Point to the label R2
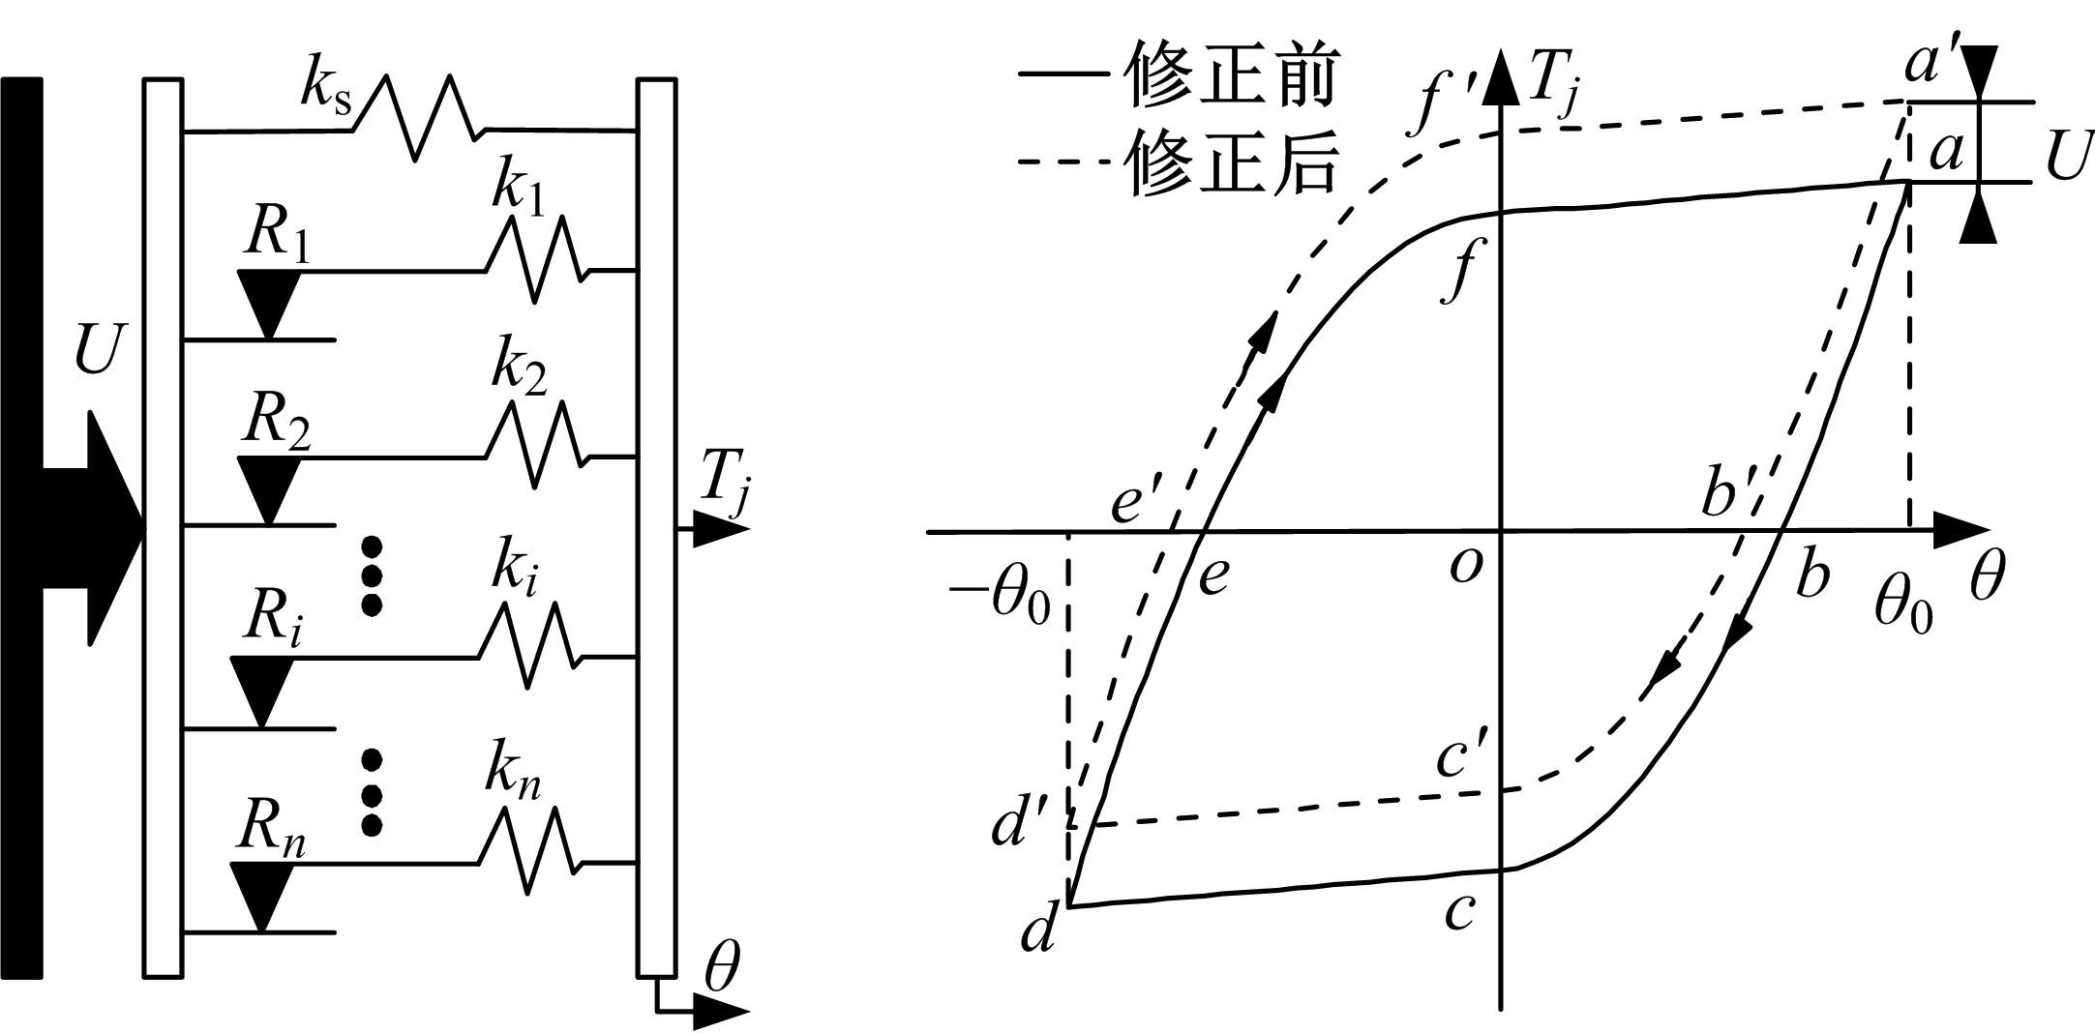(x=277, y=422)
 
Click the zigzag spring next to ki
(x=528, y=646)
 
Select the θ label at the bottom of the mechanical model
(x=722, y=971)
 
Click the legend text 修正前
(x=1232, y=76)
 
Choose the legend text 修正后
(x=1232, y=162)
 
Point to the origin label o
(x=1466, y=566)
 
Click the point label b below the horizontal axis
(x=1811, y=576)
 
